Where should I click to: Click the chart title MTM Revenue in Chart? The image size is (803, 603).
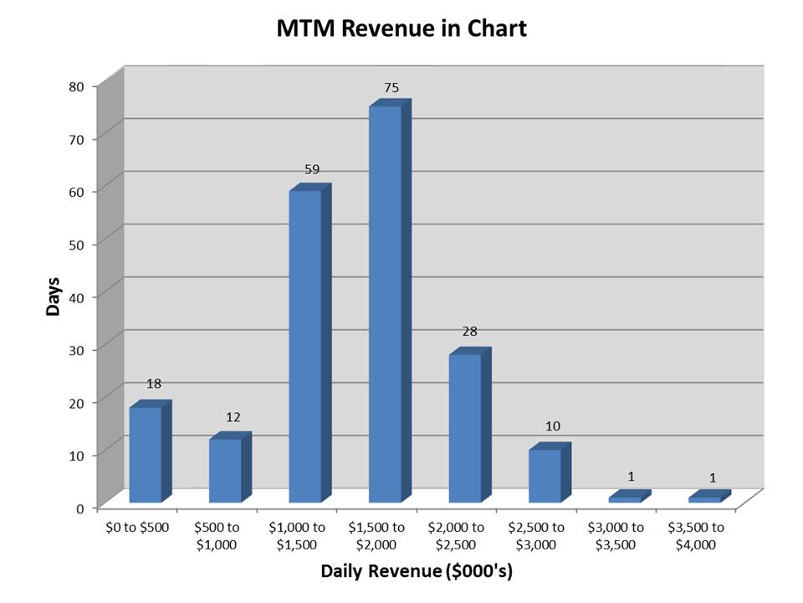(x=401, y=29)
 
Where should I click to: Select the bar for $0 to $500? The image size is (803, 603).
(x=145, y=454)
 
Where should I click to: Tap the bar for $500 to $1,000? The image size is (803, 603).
(x=225, y=470)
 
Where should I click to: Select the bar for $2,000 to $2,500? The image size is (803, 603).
(x=465, y=428)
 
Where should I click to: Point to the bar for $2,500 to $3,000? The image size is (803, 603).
(x=545, y=476)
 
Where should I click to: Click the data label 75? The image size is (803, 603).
(x=391, y=87)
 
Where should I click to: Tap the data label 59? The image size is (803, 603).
(x=312, y=169)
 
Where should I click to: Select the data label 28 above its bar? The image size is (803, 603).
(x=470, y=332)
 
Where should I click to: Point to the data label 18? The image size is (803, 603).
(x=154, y=384)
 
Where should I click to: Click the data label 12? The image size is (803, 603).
(x=233, y=417)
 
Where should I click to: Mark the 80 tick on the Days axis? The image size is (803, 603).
(x=76, y=85)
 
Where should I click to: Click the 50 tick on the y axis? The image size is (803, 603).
(x=76, y=244)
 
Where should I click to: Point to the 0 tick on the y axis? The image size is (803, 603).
(x=80, y=508)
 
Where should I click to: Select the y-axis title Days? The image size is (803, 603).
(x=54, y=296)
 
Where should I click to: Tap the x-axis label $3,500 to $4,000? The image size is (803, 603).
(x=696, y=536)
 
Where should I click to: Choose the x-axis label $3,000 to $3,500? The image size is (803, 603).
(x=616, y=536)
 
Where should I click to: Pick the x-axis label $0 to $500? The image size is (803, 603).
(x=138, y=528)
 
